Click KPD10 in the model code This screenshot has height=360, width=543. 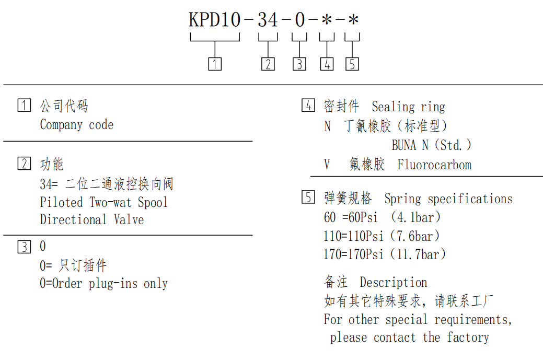(x=214, y=19)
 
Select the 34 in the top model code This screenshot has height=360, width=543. (x=268, y=19)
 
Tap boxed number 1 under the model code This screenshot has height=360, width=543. (x=215, y=64)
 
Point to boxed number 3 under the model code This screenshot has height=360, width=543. (x=299, y=64)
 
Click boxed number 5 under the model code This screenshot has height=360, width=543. (x=352, y=64)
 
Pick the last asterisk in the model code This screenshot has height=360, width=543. (x=353, y=19)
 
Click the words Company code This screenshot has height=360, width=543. (x=76, y=125)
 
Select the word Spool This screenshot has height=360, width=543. (x=153, y=203)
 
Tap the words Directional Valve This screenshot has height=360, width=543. (x=92, y=219)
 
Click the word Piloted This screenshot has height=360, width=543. (x=61, y=202)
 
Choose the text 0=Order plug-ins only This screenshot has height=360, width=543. (x=103, y=284)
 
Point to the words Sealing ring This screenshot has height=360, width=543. (x=408, y=107)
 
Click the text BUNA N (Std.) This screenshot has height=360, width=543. (x=432, y=145)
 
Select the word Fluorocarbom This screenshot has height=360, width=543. (x=434, y=165)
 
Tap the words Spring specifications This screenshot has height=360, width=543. (x=448, y=199)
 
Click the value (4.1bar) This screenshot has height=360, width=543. (x=415, y=217)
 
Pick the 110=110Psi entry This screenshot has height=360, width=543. (x=354, y=236)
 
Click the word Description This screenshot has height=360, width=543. (x=394, y=283)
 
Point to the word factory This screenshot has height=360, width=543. (x=468, y=337)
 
